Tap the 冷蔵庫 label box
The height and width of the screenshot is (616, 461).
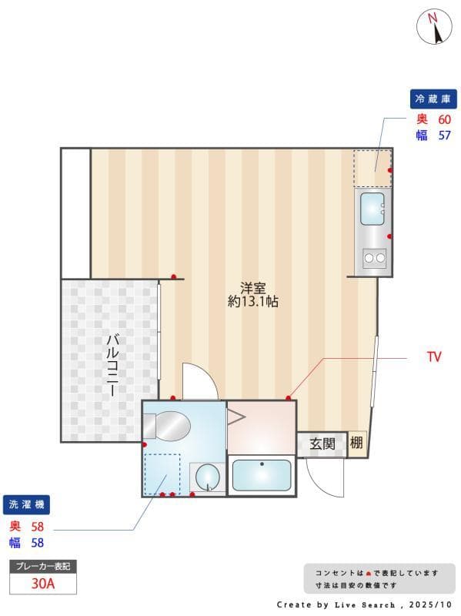pyautogui.click(x=433, y=99)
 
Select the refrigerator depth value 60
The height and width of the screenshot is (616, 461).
pyautogui.click(x=444, y=119)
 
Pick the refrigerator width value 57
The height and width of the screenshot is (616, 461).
pyautogui.click(x=444, y=136)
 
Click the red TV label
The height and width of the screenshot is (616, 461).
pyautogui.click(x=434, y=357)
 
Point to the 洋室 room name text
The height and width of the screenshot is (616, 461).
pyautogui.click(x=252, y=288)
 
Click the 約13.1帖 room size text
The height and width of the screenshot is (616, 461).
pyautogui.click(x=252, y=302)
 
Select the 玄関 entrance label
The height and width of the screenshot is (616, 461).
pyautogui.click(x=322, y=444)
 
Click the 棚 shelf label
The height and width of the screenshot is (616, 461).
pyautogui.click(x=356, y=443)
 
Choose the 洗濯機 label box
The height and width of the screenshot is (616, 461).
pyautogui.click(x=28, y=505)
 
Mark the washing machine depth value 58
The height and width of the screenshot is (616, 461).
pyautogui.click(x=37, y=527)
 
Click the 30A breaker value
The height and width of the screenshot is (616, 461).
pyautogui.click(x=42, y=583)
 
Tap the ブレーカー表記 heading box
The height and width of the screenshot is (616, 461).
pyautogui.click(x=42, y=566)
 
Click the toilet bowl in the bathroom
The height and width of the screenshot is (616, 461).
pyautogui.click(x=172, y=425)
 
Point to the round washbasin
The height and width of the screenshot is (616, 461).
pyautogui.click(x=206, y=477)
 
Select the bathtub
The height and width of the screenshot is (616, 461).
pyautogui.click(x=262, y=476)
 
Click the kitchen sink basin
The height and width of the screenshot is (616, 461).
pyautogui.click(x=372, y=208)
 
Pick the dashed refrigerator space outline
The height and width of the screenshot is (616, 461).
pyautogui.click(x=372, y=167)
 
